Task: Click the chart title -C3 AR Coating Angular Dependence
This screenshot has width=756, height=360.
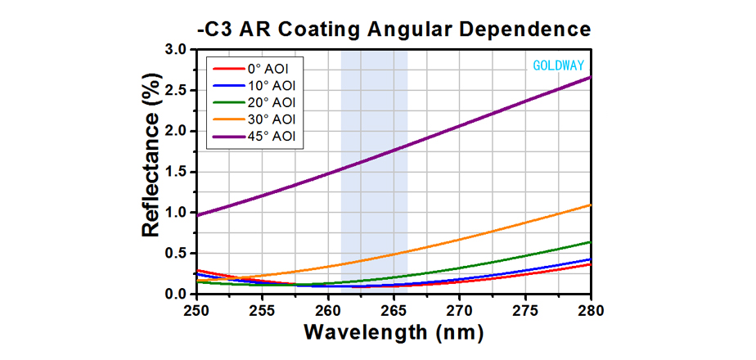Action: (x=394, y=29)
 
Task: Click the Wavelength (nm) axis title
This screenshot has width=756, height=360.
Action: (x=394, y=334)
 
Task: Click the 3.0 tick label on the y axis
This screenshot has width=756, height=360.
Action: (x=176, y=50)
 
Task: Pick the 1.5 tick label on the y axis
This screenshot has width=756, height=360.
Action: (x=176, y=172)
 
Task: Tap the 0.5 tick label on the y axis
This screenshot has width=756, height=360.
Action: (x=176, y=253)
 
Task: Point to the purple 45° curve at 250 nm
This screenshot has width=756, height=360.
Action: (x=197, y=215)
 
